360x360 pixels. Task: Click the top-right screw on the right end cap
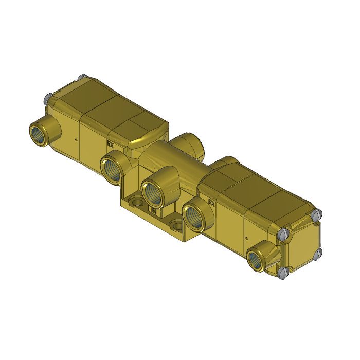point(317,213)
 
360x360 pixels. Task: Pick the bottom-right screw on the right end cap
point(317,253)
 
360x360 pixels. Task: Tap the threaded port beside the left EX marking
point(112,168)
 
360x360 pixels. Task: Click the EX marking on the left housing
point(110,143)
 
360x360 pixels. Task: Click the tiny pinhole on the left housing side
point(76,139)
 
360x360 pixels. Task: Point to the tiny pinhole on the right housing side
point(247,238)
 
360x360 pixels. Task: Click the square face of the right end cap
point(301,246)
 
